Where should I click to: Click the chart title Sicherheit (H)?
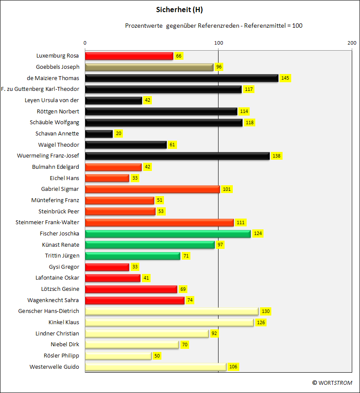coord(180,10)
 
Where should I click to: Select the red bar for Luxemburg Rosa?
coord(129,56)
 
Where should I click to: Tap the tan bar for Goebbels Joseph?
coord(149,67)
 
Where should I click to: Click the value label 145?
coord(285,78)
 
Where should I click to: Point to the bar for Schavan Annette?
coord(99,134)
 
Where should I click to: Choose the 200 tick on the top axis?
coord(352,43)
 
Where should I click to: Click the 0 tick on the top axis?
coord(85,43)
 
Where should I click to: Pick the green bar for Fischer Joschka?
coord(168,234)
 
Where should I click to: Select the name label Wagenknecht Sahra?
coord(53,300)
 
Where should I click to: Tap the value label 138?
coord(276,156)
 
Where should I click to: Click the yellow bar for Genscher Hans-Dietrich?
coord(172,312)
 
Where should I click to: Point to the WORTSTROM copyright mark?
coord(332,383)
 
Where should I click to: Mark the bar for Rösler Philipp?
coord(118,356)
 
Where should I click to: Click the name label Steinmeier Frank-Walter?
coord(47,222)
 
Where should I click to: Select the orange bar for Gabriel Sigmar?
coord(152,189)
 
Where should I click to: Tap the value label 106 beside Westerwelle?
coord(233,367)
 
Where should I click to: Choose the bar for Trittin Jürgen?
coord(132,256)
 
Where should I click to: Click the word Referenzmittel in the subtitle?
coord(265,26)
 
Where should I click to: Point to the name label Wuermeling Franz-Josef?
coord(48,156)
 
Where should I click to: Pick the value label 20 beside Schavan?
coord(119,134)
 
